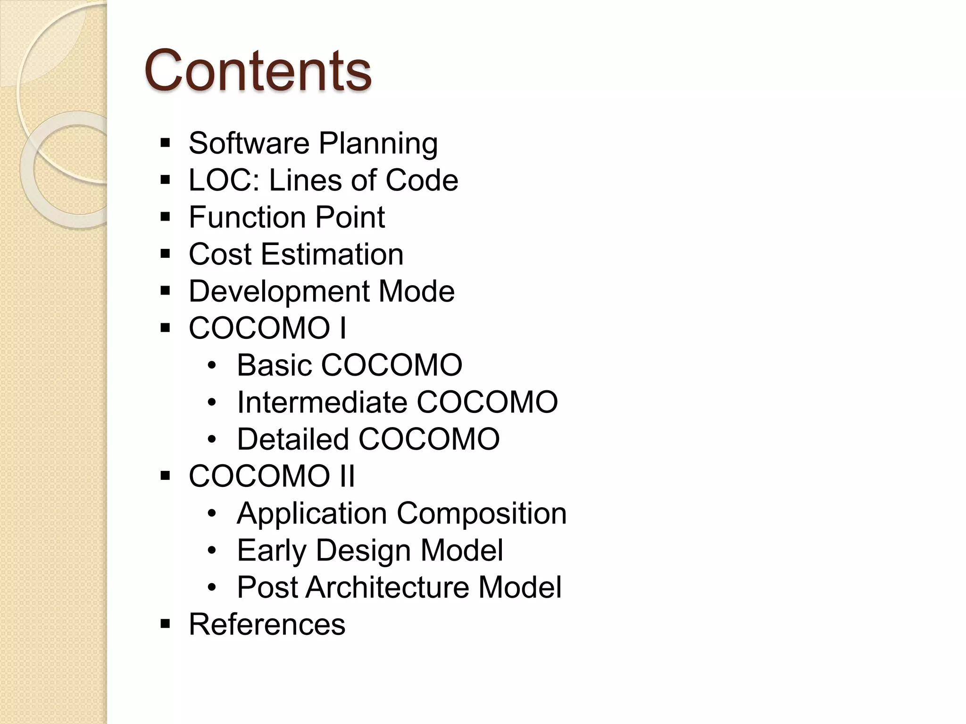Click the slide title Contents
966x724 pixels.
click(x=258, y=71)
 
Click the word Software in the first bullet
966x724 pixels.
click(x=249, y=143)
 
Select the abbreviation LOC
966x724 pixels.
click(x=224, y=180)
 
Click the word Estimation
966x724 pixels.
click(x=332, y=255)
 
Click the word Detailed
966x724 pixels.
click(x=292, y=439)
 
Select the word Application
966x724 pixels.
click(x=312, y=514)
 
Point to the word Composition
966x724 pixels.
click(x=482, y=514)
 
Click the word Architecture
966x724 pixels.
click(x=387, y=587)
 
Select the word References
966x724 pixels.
click(x=267, y=625)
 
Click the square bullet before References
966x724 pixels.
click(x=165, y=625)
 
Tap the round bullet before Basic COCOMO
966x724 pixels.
click(x=212, y=366)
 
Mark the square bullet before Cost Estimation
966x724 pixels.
click(x=165, y=255)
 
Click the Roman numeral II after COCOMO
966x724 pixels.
click(x=346, y=476)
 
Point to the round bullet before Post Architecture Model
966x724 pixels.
click(x=212, y=588)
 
